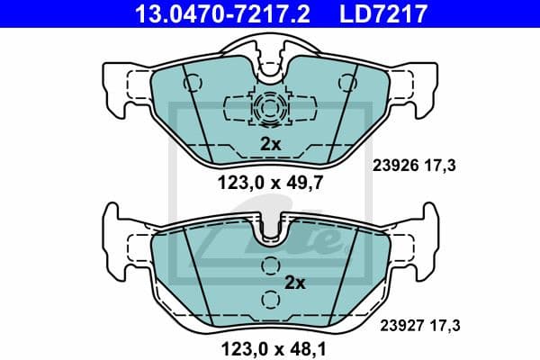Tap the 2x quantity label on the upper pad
tap(270, 144)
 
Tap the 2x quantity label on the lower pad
tap(295, 283)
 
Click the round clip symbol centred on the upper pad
tap(270, 110)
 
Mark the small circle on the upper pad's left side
tap(190, 83)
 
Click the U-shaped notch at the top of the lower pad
tap(270, 233)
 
